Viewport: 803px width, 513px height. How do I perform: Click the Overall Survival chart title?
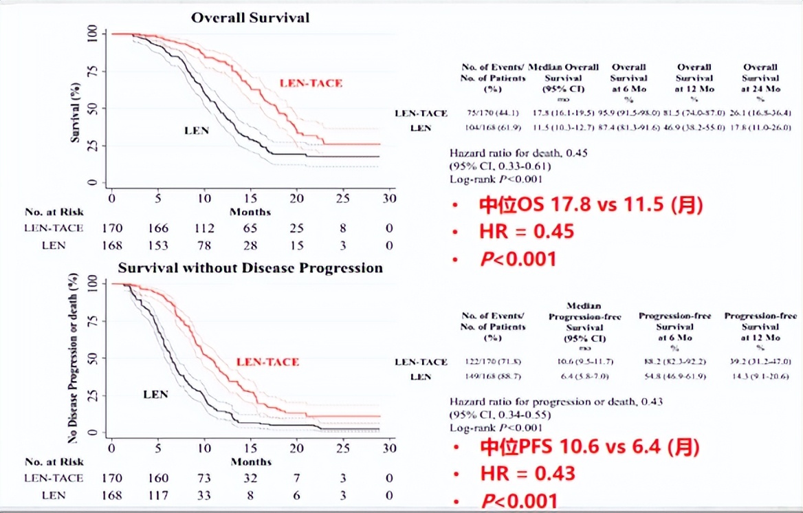[250, 17]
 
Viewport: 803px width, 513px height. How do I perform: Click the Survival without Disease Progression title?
[250, 268]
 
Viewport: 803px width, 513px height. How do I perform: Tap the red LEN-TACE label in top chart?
[311, 83]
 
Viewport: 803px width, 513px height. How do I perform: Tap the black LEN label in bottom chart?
[155, 395]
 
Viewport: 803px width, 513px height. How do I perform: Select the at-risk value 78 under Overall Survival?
[204, 245]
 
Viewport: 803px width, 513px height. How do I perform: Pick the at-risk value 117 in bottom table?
[158, 495]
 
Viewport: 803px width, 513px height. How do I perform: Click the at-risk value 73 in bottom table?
[204, 478]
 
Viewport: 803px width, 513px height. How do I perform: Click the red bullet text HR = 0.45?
[526, 232]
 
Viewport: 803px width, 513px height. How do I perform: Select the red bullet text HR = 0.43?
[526, 473]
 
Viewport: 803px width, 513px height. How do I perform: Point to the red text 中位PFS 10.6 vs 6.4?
[589, 448]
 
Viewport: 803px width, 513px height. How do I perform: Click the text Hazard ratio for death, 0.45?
[519, 153]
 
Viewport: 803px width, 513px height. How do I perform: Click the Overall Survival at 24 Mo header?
[760, 78]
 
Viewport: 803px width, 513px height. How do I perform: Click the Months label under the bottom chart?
[250, 461]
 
